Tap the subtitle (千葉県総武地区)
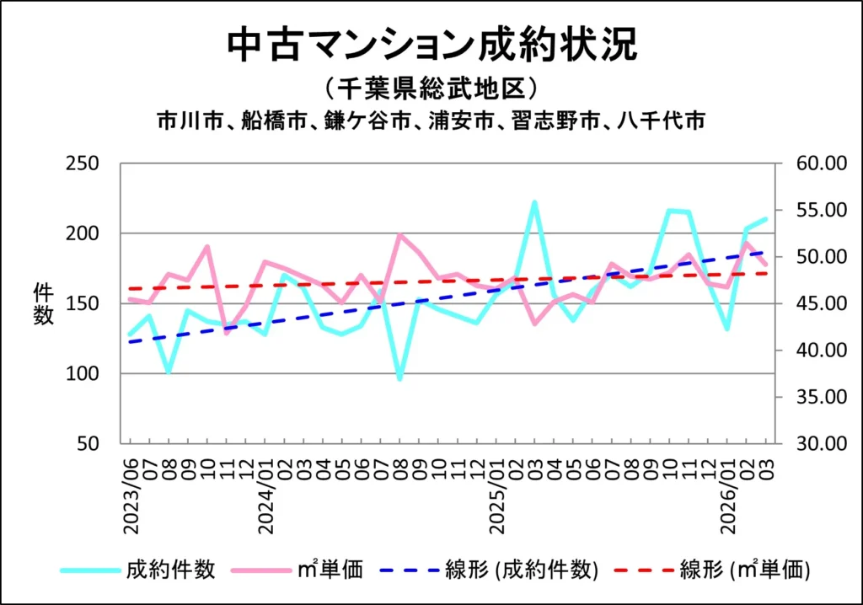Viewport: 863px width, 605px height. [x=431, y=88]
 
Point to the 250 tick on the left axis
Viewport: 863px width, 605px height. [x=84, y=163]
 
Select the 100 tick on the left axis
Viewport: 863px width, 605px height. [x=84, y=373]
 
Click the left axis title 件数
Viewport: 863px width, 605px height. [x=44, y=304]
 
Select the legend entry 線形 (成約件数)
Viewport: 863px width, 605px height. [x=522, y=570]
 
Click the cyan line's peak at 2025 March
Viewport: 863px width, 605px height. [x=534, y=202]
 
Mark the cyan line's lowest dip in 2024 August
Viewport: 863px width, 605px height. [x=399, y=379]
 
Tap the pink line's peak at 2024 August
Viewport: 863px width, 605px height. [x=399, y=234]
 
